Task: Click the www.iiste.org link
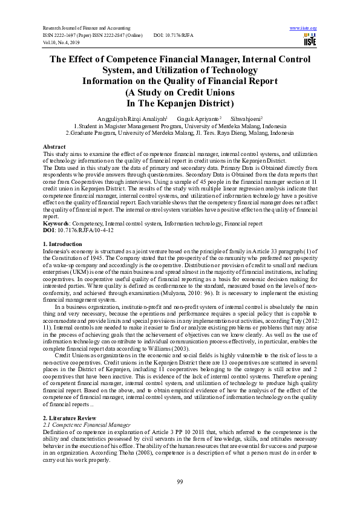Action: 304,28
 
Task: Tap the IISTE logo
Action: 309,39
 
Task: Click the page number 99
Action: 180,481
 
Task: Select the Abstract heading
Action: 54,147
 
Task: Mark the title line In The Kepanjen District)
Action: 180,103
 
